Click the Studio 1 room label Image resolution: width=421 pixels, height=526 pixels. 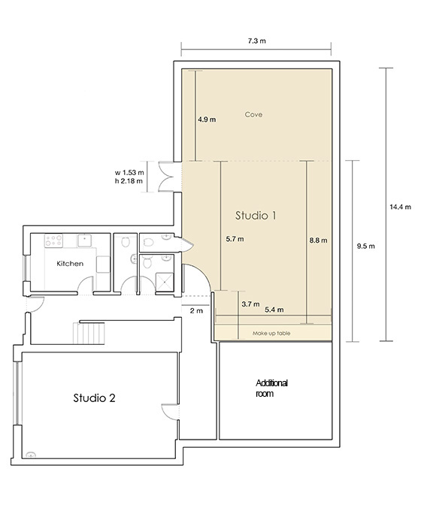pyautogui.click(x=256, y=216)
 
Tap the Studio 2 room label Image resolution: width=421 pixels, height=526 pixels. pyautogui.click(x=94, y=398)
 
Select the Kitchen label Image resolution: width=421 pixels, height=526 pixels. pyautogui.click(x=70, y=264)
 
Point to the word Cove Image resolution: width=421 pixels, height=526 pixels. pyautogui.click(x=253, y=114)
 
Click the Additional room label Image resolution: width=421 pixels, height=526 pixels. pyautogui.click(x=271, y=388)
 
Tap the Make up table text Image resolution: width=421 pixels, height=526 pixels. pyautogui.click(x=271, y=333)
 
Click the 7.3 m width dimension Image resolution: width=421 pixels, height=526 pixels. pyautogui.click(x=257, y=41)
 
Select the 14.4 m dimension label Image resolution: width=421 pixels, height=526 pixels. pyautogui.click(x=400, y=207)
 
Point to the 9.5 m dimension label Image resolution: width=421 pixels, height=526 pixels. pyautogui.click(x=365, y=246)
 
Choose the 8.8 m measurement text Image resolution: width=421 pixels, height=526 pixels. pyautogui.click(x=318, y=240)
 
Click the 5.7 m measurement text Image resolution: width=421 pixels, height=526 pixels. pyautogui.click(x=235, y=239)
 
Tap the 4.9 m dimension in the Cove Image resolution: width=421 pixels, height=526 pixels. pyautogui.click(x=207, y=119)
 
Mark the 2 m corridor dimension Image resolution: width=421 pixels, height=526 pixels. pyautogui.click(x=196, y=310)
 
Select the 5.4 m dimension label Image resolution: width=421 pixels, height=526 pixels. pyautogui.click(x=274, y=310)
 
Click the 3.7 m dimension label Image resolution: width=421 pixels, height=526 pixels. pyautogui.click(x=250, y=304)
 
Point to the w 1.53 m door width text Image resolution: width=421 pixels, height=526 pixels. pyautogui.click(x=129, y=173)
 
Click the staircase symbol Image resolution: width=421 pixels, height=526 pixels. pyautogui.click(x=89, y=333)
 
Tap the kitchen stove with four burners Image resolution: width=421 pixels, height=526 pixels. pyautogui.click(x=53, y=240)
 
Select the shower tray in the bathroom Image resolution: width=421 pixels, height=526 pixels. pyautogui.click(x=165, y=283)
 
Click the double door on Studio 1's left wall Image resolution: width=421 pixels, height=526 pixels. pyautogui.click(x=166, y=177)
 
